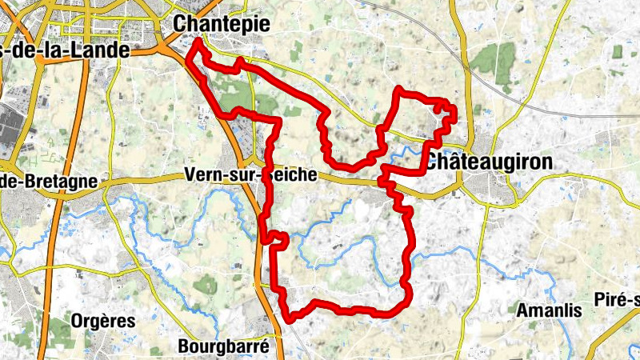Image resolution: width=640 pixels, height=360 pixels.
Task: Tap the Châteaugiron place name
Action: coord(488,162)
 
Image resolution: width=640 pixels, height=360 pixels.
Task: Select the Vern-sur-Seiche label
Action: coord(250,175)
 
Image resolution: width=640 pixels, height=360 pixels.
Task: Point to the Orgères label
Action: coord(102,320)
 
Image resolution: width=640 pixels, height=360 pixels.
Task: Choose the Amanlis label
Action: coord(549,310)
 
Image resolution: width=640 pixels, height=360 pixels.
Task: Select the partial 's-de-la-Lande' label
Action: coord(64,50)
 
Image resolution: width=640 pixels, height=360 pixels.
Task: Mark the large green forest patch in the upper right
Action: coord(496,64)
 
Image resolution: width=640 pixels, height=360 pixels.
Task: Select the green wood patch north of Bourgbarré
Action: coord(206,283)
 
